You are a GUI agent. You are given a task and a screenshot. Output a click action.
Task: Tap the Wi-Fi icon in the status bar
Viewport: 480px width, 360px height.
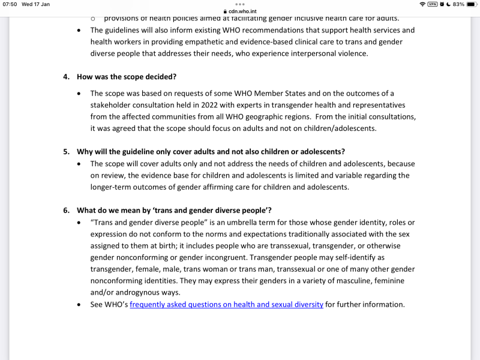coord(422,4)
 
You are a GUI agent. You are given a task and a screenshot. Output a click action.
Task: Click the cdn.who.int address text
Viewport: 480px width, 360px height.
coord(242,11)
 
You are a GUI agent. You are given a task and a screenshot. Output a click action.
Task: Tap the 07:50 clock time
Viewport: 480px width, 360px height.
coord(10,4)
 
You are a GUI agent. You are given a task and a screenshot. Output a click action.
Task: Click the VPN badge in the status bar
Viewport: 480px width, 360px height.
coord(432,4)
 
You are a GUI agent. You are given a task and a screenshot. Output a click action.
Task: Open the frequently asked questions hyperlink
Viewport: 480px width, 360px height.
coord(226,304)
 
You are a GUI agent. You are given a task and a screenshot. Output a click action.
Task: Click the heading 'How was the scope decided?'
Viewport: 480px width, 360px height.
coord(126,77)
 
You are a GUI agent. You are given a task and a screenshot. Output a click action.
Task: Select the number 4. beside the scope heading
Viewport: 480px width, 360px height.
coord(67,77)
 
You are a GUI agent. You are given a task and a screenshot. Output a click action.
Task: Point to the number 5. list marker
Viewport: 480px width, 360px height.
coord(67,151)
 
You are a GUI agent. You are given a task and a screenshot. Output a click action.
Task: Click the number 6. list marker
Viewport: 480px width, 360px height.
coord(67,210)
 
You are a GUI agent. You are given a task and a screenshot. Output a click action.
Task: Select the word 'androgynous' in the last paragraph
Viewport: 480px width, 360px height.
coord(134,292)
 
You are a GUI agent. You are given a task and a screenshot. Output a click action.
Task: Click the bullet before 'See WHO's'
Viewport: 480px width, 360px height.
coord(80,305)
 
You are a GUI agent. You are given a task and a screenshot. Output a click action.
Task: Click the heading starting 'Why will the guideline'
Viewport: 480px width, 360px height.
coord(210,151)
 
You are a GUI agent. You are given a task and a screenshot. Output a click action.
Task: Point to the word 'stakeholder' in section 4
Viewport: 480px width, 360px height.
coord(112,104)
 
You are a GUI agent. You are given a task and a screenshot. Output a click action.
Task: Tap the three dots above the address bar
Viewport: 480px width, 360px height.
coord(240,4)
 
